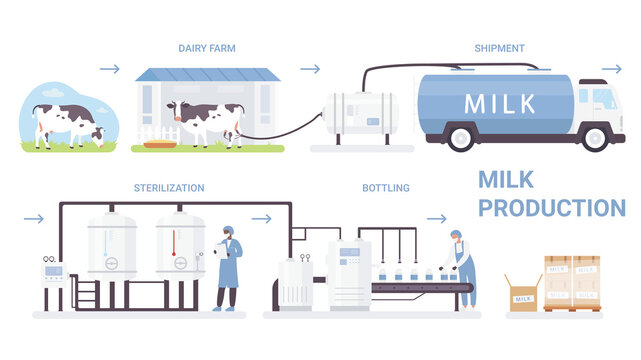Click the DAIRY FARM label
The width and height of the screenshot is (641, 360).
(x=206, y=47)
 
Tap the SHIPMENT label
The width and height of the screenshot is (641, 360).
(x=498, y=47)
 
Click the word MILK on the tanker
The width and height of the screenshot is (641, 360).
(x=500, y=103)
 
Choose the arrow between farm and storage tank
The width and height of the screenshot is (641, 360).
(x=310, y=69)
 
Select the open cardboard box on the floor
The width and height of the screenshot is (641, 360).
(x=522, y=293)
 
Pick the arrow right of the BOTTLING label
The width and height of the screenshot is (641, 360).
(x=436, y=218)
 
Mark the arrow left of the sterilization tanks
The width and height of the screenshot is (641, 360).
(x=33, y=218)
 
